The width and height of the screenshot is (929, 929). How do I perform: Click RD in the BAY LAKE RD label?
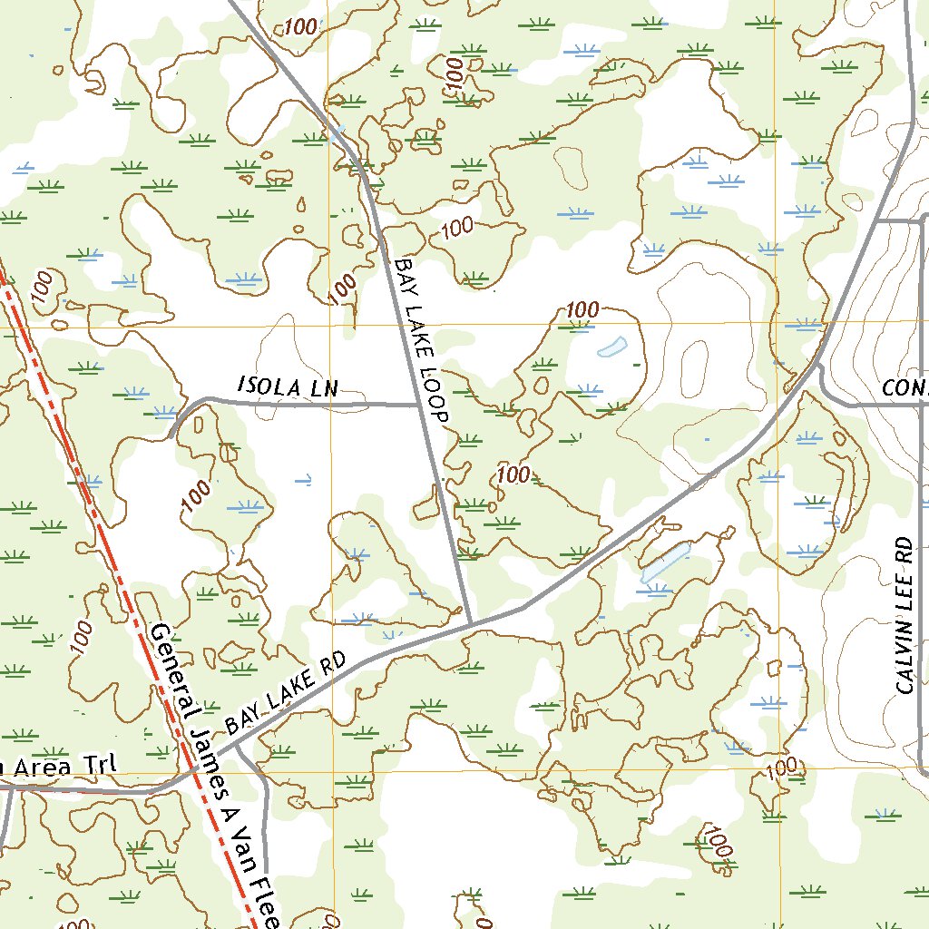pyautogui.click(x=334, y=665)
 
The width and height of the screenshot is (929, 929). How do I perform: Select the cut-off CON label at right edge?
pyautogui.click(x=905, y=389)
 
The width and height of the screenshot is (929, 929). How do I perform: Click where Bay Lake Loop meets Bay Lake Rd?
pyautogui.click(x=469, y=623)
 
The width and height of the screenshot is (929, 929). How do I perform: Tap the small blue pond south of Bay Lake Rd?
pyautogui.click(x=665, y=562)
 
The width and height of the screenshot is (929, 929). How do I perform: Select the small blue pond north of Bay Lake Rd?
pyautogui.click(x=612, y=347)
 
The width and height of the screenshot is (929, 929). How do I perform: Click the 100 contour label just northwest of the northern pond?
pyautogui.click(x=582, y=310)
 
